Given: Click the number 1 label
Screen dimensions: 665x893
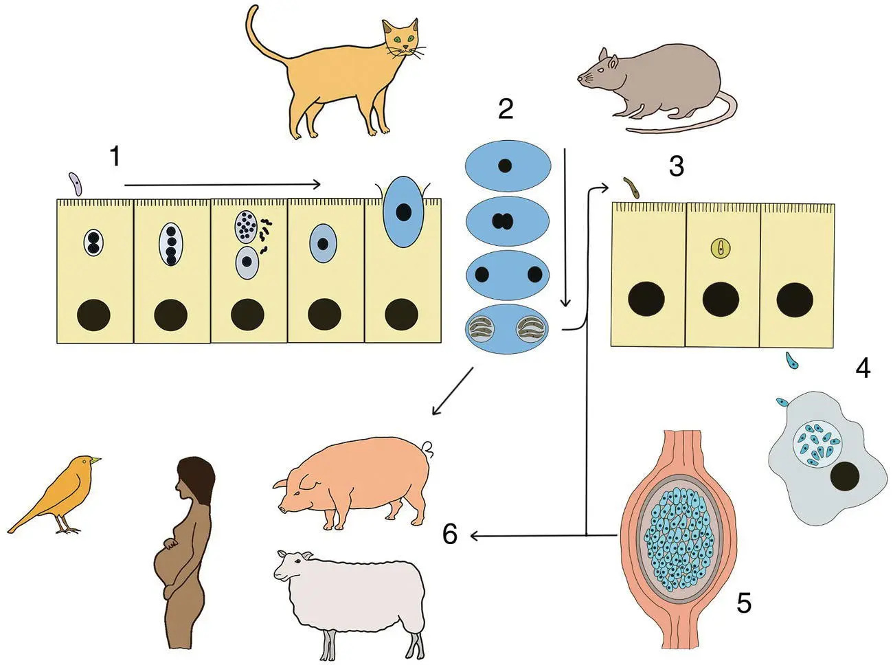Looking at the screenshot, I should [115, 157].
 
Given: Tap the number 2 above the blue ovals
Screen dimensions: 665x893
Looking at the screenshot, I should [506, 109].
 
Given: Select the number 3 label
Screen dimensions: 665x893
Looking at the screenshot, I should [676, 166].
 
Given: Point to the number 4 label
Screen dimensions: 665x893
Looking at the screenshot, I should [863, 368].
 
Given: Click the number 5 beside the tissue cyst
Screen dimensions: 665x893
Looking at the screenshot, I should [744, 602].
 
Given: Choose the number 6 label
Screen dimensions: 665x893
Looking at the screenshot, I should [450, 534].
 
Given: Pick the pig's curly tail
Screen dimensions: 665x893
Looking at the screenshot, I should [429, 449].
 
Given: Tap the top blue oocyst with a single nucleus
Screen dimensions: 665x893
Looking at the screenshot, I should [507, 166].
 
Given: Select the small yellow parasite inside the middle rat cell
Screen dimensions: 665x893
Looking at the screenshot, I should [720, 248].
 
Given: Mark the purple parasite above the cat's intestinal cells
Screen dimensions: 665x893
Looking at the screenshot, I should [76, 184].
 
